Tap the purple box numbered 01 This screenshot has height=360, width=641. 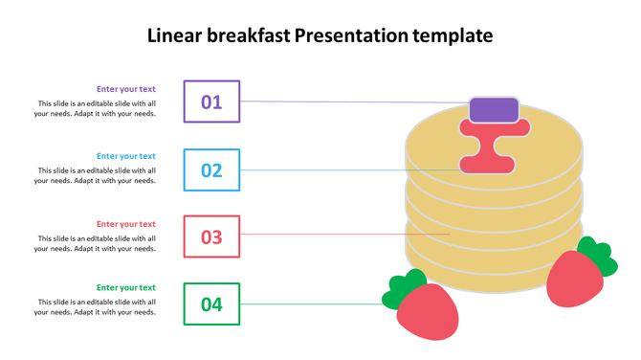click(x=211, y=101)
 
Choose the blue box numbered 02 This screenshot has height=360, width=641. click(x=211, y=170)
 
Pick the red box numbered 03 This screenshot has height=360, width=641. click(x=211, y=236)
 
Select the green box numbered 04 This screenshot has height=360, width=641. click(x=211, y=304)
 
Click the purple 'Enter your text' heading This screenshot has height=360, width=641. click(x=125, y=89)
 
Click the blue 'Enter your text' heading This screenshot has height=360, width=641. click(x=125, y=156)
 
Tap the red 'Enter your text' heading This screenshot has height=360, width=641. click(x=125, y=224)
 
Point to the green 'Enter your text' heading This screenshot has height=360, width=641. click(x=125, y=287)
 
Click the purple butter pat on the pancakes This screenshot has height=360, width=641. click(x=494, y=109)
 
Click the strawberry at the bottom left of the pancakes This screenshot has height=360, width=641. click(x=429, y=313)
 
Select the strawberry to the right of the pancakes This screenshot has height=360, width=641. click(x=574, y=279)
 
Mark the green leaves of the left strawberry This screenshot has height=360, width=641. click(x=402, y=289)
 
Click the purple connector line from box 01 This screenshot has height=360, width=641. click(x=354, y=101)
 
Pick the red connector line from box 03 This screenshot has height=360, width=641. click(x=344, y=234)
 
